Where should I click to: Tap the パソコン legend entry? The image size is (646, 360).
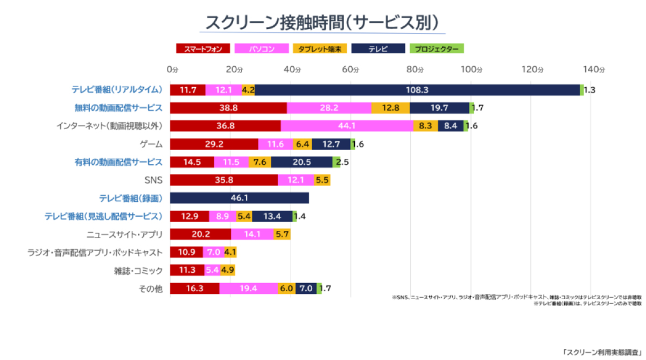click(262, 49)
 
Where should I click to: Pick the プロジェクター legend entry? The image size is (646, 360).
click(437, 49)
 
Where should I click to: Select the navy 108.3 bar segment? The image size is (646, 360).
click(417, 90)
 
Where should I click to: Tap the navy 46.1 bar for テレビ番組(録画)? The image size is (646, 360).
click(240, 198)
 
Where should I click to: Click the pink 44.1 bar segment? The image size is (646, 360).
click(347, 126)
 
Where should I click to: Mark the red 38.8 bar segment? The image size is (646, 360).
click(228, 108)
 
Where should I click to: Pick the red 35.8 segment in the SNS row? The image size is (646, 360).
click(223, 180)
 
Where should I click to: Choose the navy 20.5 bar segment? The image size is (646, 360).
click(301, 162)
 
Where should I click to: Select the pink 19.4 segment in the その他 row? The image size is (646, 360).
click(248, 288)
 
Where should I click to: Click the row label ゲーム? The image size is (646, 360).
click(151, 144)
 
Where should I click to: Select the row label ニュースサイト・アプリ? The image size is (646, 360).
click(125, 234)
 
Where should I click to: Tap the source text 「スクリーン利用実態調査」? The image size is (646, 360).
click(602, 352)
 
